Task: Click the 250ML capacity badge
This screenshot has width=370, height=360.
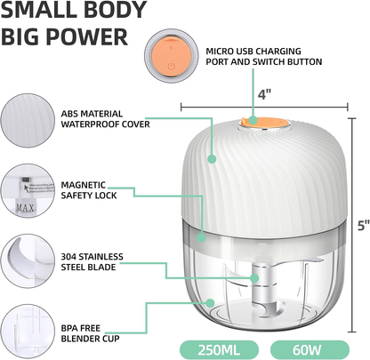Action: (219, 349)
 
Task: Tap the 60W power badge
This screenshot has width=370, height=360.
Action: (310, 349)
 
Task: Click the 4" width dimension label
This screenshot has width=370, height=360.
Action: (264, 94)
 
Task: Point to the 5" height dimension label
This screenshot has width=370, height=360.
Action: (363, 226)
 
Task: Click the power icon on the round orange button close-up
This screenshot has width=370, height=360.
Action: (171, 67)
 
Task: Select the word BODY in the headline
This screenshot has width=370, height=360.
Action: (115, 10)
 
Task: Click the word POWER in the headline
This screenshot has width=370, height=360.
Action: (87, 36)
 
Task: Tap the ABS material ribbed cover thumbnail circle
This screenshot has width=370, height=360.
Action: (28, 120)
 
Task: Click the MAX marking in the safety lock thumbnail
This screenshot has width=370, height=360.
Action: (25, 208)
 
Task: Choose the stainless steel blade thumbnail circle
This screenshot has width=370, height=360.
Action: (28, 261)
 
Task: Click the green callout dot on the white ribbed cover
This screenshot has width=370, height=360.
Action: (212, 159)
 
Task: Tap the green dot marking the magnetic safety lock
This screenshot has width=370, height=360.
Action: (201, 237)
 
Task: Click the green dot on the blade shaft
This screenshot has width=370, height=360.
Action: (254, 278)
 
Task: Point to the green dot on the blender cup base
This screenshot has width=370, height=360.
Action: (210, 303)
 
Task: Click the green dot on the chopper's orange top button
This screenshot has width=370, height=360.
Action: (253, 120)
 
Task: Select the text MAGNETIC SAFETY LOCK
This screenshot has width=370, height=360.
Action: (89, 190)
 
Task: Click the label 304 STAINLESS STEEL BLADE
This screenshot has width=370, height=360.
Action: (92, 262)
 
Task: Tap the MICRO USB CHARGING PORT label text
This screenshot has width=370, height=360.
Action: (253, 52)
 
